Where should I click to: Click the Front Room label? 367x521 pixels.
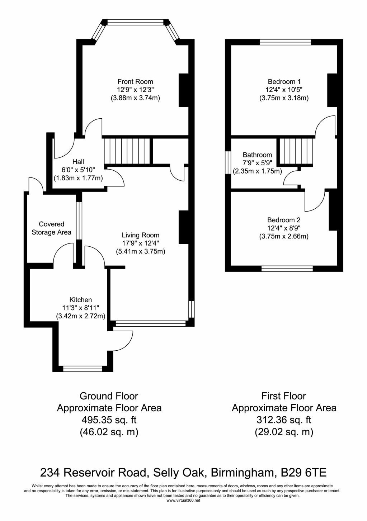[135, 82]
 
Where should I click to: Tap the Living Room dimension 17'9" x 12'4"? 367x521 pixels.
[141, 243]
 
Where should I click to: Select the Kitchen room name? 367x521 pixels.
[80, 299]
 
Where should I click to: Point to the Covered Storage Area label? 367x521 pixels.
[51, 228]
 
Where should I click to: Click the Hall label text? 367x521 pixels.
[78, 162]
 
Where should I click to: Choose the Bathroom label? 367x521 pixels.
[257, 155]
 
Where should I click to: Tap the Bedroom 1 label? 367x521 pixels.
[284, 82]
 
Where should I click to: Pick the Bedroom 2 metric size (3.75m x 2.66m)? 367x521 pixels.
[284, 237]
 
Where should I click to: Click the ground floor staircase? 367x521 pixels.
[127, 151]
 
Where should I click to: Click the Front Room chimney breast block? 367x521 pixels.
[183, 90]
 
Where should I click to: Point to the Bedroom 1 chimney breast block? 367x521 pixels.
[332, 90]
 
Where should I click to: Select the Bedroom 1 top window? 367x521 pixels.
[285, 42]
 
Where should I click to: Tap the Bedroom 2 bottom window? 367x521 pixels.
[287, 269]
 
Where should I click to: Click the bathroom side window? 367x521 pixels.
[228, 162]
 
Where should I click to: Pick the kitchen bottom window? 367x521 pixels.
[83, 369]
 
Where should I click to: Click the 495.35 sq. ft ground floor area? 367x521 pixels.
[109, 420]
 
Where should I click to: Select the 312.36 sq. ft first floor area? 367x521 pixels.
[284, 420]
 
